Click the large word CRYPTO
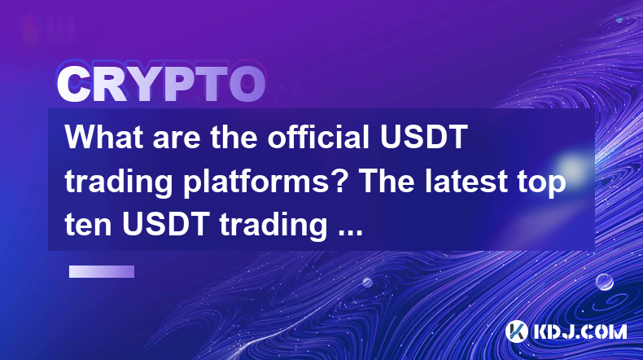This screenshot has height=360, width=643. tap(161, 85)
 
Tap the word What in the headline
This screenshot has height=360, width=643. tap(104, 137)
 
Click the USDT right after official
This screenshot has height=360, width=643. tap(423, 137)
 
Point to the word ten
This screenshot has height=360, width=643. tap(88, 226)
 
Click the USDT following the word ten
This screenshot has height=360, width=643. tap(166, 225)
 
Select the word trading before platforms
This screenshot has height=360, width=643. tap(119, 183)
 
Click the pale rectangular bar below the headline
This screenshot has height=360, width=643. tap(102, 271)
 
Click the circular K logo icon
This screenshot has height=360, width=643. tap(516, 331)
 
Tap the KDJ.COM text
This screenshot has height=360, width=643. tap(580, 331)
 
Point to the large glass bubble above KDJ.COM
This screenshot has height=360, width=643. tap(604, 282)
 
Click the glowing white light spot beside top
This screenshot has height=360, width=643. tap(571, 168)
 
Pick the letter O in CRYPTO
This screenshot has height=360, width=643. tap(247, 85)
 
